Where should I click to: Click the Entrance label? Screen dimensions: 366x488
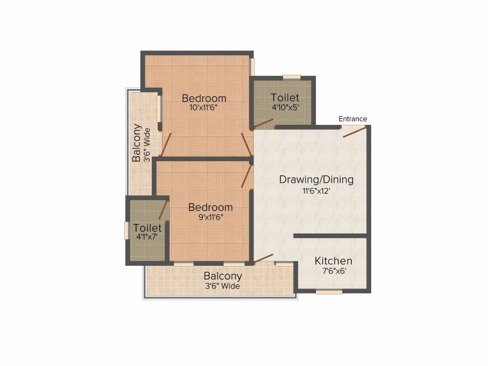(353, 119)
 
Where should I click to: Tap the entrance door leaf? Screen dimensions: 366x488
(355, 132)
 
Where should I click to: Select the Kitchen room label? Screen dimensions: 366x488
(333, 261)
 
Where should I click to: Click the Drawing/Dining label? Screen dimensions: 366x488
(316, 180)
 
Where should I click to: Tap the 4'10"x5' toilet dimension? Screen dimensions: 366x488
(285, 107)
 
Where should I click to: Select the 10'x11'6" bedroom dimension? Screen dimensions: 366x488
(204, 108)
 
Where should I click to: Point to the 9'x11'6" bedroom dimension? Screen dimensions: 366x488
(210, 217)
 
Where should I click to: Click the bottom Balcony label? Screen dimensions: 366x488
(223, 276)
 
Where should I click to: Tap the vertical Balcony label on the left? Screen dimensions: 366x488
(137, 143)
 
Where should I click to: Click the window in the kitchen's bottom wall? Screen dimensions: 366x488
(329, 292)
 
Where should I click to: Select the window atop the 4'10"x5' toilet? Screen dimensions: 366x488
(291, 77)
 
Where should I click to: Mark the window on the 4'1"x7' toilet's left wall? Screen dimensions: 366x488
(126, 230)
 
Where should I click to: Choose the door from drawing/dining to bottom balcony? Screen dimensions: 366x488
(263, 258)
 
